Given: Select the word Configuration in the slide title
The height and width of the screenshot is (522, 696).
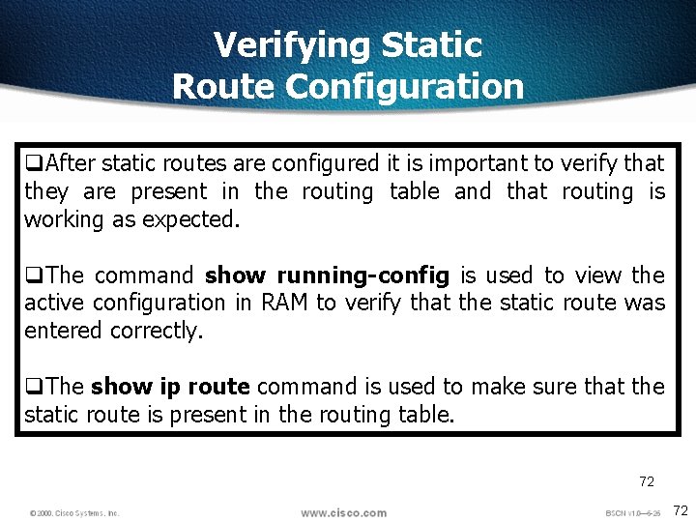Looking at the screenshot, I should [x=404, y=87].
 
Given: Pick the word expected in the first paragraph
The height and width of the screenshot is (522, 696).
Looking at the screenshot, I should [x=189, y=219].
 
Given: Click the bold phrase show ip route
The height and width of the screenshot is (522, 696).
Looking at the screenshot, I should [x=170, y=387].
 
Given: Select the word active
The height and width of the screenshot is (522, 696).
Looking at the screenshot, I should [x=55, y=303].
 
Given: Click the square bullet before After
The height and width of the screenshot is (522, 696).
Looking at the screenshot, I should [x=33, y=163].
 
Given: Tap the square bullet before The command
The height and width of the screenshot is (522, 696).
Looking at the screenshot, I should [x=33, y=275].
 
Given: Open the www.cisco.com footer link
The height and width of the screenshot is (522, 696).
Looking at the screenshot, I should [x=343, y=512].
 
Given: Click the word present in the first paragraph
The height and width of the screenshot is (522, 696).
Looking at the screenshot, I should [x=168, y=191].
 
